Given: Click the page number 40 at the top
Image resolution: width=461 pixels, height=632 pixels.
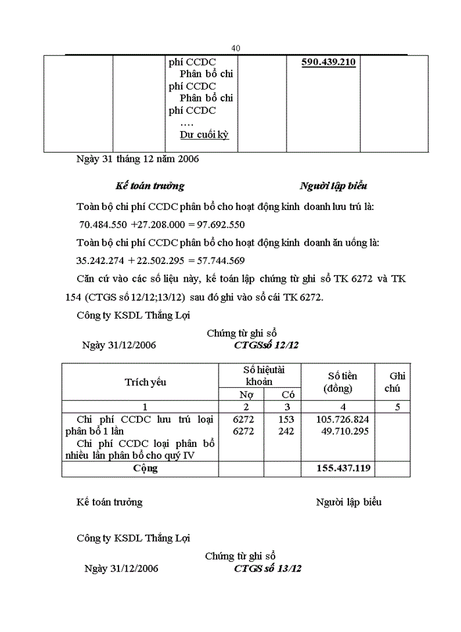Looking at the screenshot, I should click(x=236, y=48).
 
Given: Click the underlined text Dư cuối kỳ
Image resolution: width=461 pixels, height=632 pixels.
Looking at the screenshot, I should click(x=204, y=134).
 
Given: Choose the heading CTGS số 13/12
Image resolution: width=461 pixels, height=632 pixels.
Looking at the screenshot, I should click(x=267, y=568).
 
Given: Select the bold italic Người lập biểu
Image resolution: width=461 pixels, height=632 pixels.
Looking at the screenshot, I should click(x=333, y=186).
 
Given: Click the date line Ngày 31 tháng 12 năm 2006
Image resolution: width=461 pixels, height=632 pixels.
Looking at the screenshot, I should click(x=138, y=159).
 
